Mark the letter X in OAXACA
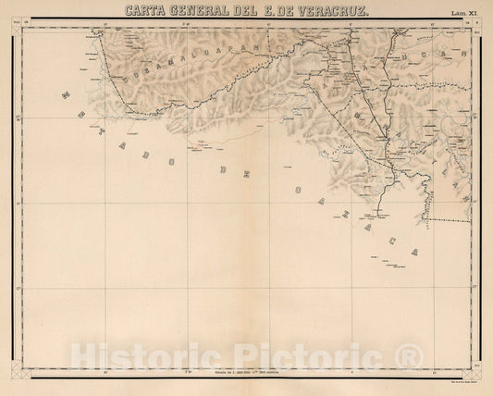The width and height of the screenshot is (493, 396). (x=367, y=209)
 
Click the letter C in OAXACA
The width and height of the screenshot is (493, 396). (x=402, y=237)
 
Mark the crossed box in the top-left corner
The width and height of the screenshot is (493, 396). (x=16, y=29)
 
